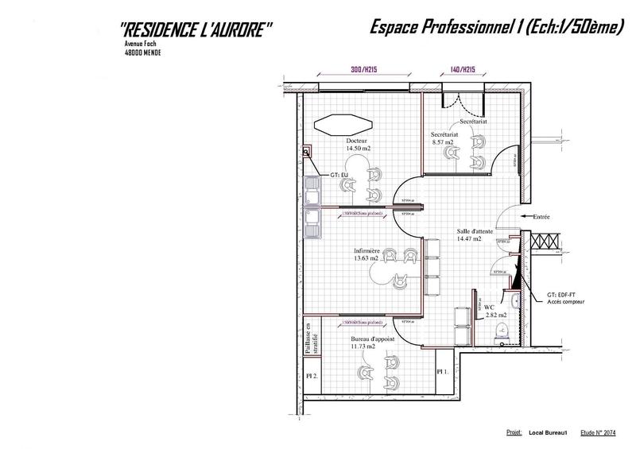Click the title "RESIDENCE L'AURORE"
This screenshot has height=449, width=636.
click(196, 29)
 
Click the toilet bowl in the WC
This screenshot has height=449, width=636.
click(501, 335)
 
